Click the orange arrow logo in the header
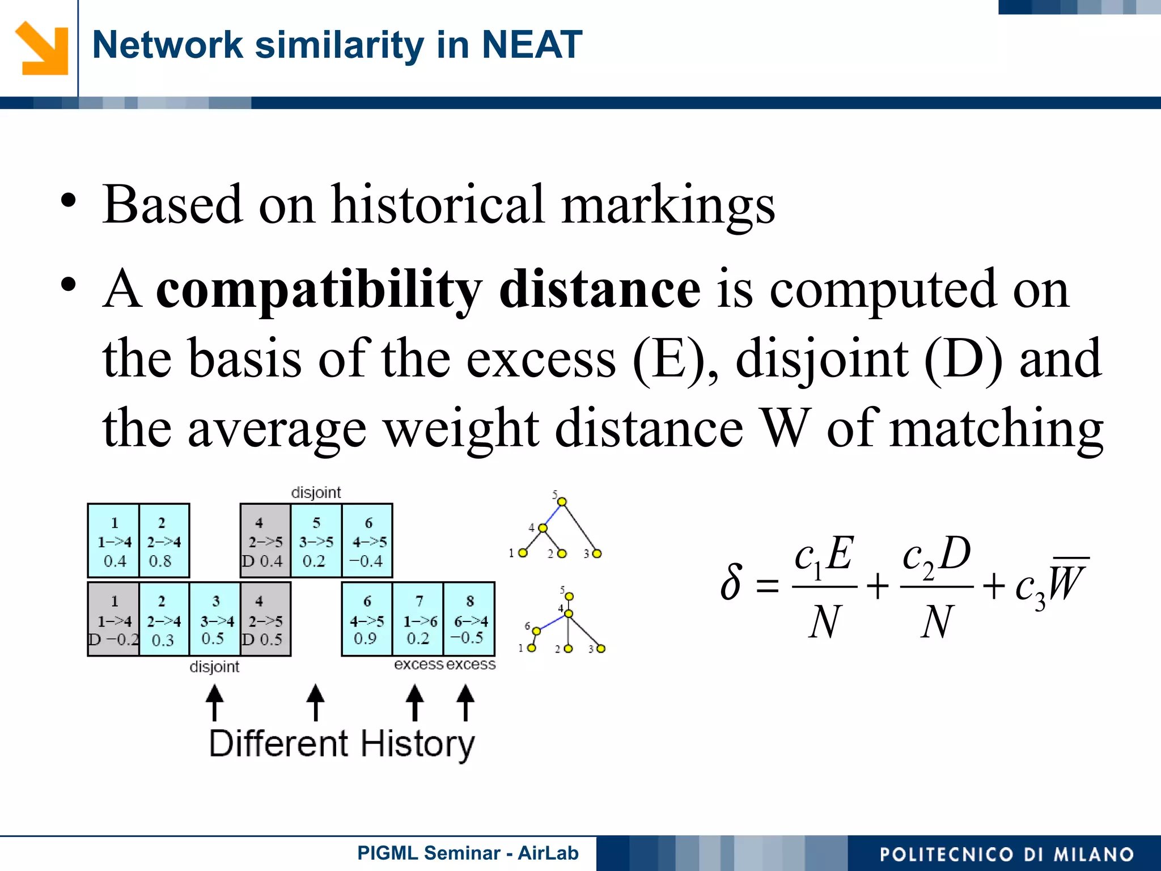tap(42, 48)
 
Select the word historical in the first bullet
tap(438, 205)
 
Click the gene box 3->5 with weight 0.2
tap(316, 541)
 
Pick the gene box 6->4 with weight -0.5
tap(469, 619)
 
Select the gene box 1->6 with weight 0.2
tap(418, 619)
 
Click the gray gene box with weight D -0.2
tap(113, 619)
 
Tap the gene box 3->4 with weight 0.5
tap(215, 619)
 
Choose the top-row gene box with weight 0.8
tap(163, 541)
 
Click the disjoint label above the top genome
tap(316, 492)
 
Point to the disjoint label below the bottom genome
tap(214, 667)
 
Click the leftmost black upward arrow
tap(214, 702)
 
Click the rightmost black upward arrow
tap(465, 702)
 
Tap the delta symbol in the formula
tap(731, 582)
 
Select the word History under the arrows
tap(418, 744)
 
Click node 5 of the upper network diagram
tap(562, 502)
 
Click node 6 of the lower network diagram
tap(536, 631)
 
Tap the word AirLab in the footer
tap(548, 853)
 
